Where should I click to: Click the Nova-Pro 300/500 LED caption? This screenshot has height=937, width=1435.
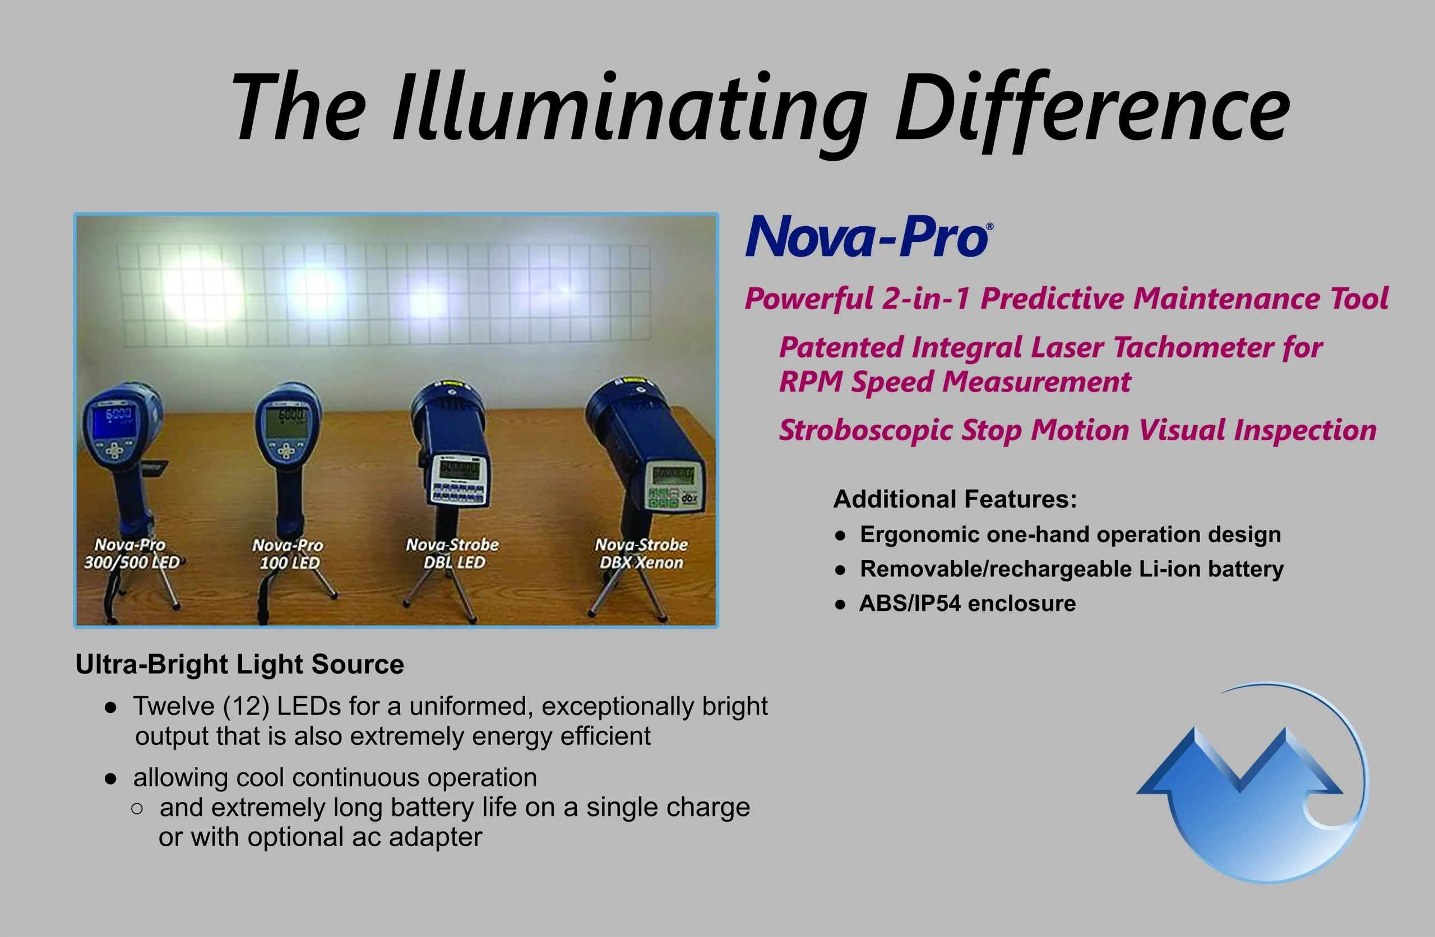click(x=131, y=554)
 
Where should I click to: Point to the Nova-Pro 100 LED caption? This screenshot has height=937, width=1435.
click(x=288, y=554)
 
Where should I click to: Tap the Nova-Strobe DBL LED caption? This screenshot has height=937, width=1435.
click(x=453, y=553)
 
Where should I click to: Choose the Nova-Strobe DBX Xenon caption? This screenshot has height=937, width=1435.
click(x=641, y=553)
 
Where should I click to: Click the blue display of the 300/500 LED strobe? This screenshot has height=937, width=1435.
click(x=113, y=421)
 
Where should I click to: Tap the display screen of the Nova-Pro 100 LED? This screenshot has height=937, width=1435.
click(x=287, y=421)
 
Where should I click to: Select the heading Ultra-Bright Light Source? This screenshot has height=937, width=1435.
click(x=240, y=664)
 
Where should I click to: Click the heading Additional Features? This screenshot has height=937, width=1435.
click(x=955, y=499)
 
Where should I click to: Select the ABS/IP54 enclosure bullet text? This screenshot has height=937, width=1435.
click(x=967, y=603)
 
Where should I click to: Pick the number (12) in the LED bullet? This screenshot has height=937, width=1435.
click(x=246, y=706)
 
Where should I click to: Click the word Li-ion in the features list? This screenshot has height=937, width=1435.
click(x=1170, y=569)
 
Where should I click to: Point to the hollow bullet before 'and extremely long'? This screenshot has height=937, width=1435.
click(x=137, y=809)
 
